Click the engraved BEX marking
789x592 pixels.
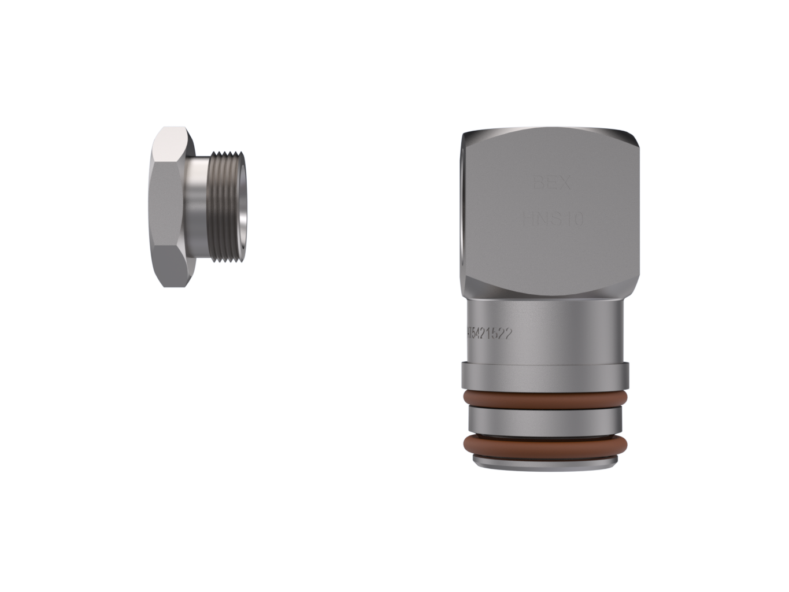click(x=551, y=184)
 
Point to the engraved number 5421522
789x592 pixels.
click(x=491, y=334)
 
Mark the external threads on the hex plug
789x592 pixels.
click(x=226, y=207)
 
